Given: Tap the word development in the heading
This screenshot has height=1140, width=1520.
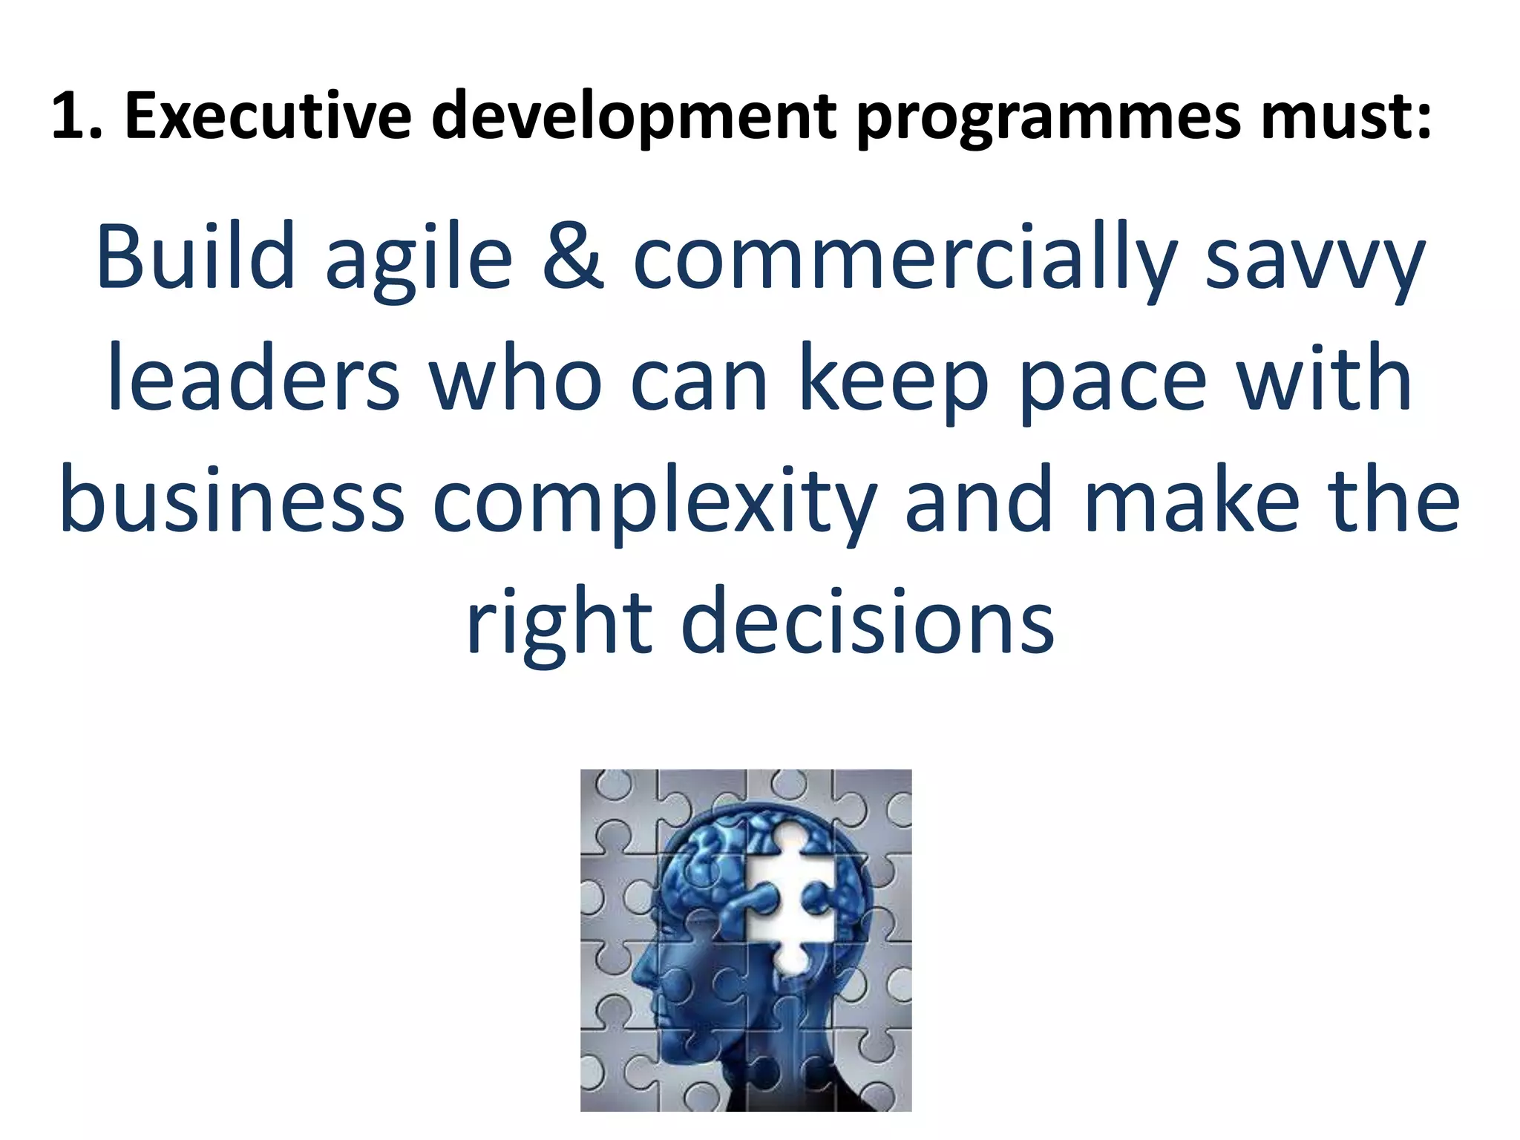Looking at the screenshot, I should [x=635, y=117].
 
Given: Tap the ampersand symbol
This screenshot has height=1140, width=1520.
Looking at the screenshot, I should [x=572, y=256].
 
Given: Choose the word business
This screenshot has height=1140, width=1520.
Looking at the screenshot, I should [x=232, y=499].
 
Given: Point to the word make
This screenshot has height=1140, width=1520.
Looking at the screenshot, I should [x=1192, y=499].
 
